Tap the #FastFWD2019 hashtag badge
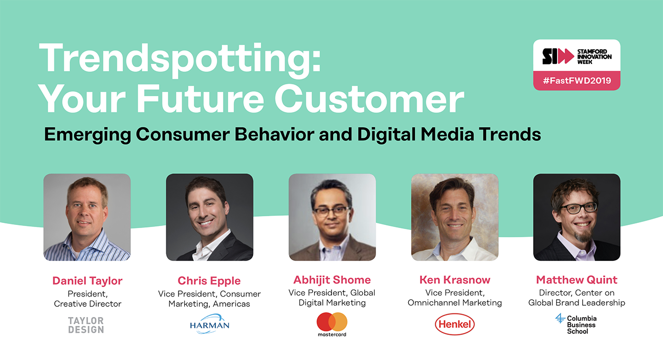click(577, 80)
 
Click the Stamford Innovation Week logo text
click(594, 56)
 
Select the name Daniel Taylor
click(87, 281)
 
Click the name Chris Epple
click(209, 281)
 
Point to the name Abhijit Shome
click(332, 280)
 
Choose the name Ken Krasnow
click(455, 280)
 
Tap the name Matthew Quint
click(577, 280)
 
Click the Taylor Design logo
click(86, 325)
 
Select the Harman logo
click(210, 324)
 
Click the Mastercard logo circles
click(332, 322)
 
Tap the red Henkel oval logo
click(455, 324)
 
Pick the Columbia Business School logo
click(576, 324)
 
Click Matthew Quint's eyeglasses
click(579, 208)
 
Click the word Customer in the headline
click(369, 99)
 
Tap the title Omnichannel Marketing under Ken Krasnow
click(455, 303)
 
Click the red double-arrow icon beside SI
click(564, 56)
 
